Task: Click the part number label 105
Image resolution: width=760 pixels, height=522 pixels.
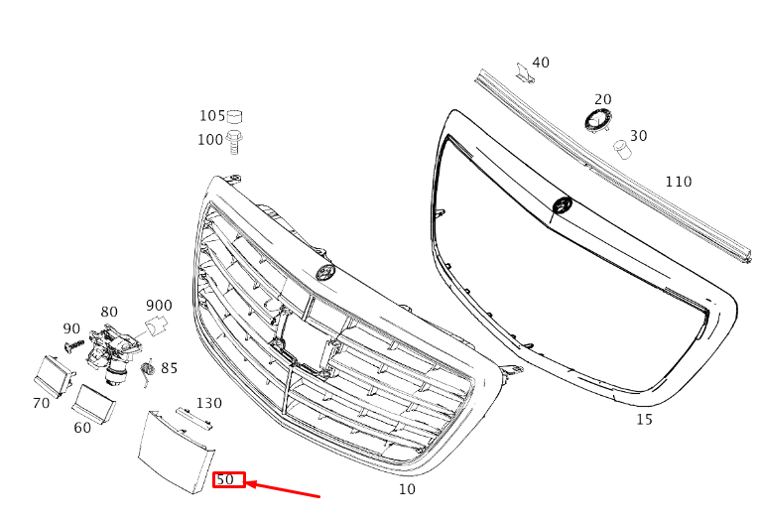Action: point(212,116)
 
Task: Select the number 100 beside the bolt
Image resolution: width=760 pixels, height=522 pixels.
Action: point(210,140)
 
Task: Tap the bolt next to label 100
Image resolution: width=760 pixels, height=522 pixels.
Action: point(234,142)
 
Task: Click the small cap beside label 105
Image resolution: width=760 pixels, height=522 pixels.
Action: point(234,116)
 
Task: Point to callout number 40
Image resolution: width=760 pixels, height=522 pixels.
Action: point(541,63)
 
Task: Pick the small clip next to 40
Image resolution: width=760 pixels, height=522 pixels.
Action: point(525,72)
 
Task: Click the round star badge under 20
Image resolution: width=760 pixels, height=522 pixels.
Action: point(597,120)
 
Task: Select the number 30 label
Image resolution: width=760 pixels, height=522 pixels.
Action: point(638,136)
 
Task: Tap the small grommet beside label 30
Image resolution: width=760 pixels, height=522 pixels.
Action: point(622,149)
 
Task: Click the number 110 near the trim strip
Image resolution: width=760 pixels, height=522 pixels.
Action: point(678,182)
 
